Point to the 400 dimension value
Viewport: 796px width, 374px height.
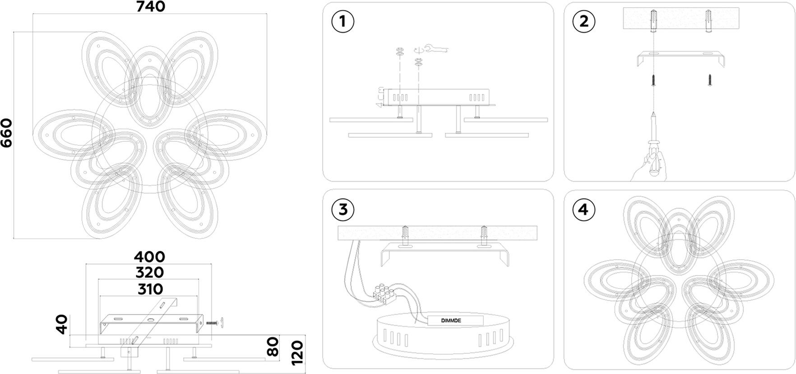tap(149, 257)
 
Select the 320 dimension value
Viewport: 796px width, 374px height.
tap(149, 272)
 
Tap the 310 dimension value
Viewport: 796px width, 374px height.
tap(149, 289)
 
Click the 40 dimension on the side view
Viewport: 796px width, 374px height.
tap(62, 324)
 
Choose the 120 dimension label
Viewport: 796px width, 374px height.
tap(297, 352)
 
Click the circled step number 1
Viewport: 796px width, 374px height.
tap(343, 21)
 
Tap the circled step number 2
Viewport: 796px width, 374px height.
tap(584, 21)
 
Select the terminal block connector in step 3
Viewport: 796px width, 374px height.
tap(384, 293)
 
